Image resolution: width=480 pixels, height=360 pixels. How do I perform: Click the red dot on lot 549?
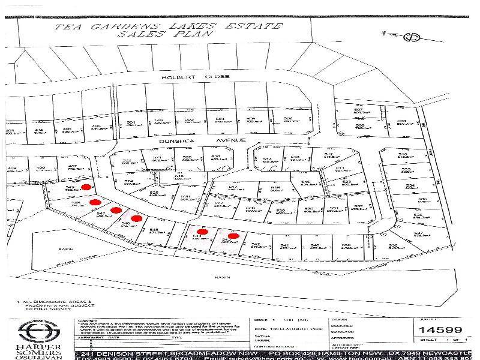tap(86, 187)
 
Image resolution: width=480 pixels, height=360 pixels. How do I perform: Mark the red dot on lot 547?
tap(116, 210)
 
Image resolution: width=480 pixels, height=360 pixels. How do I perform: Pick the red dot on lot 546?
tap(136, 218)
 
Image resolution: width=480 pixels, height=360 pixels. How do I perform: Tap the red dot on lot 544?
tap(203, 231)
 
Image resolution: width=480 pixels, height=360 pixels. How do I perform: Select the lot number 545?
tap(154, 230)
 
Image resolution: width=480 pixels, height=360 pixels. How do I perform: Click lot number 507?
tap(358, 109)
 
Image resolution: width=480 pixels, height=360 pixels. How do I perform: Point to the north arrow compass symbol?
tap(412, 38)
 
